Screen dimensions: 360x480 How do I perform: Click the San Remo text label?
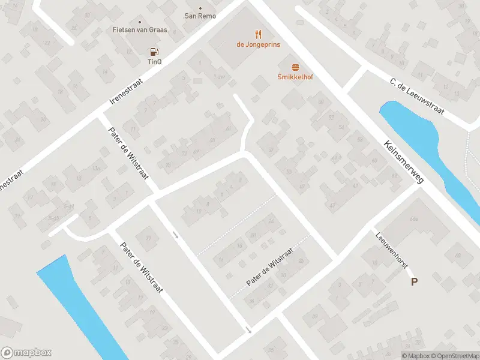200,16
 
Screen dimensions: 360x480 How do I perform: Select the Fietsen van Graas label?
140,29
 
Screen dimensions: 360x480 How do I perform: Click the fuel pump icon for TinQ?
154,52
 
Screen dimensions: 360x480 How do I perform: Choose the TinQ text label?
154,61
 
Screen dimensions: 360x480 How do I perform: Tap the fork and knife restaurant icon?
258,34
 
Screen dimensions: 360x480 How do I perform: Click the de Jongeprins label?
258,44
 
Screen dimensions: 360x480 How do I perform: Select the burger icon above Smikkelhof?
295,67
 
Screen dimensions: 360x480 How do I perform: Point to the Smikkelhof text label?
295,77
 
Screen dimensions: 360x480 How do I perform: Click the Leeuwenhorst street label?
390,251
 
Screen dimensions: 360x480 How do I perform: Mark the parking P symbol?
414,281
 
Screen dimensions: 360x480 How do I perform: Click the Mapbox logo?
27,353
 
